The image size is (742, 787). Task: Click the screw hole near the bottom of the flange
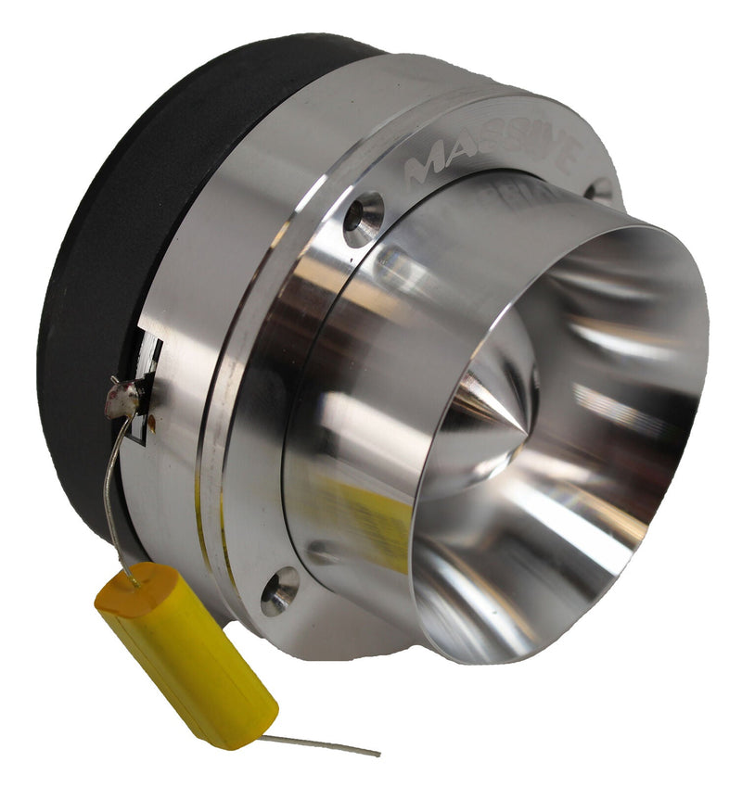[x=280, y=590]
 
